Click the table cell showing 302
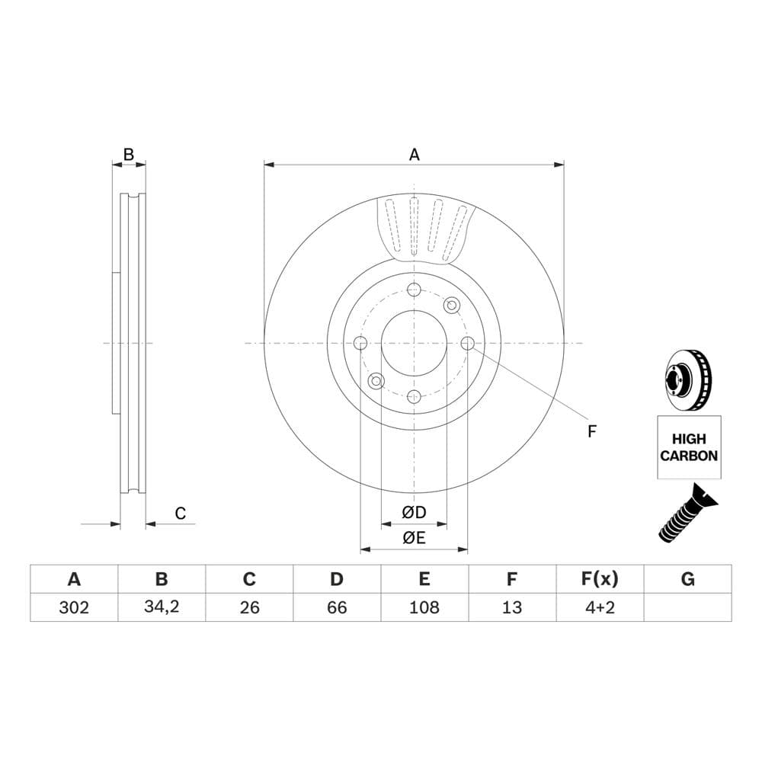[74, 607]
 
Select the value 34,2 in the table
[162, 607]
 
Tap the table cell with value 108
[424, 607]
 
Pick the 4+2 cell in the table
[600, 607]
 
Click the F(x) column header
[600, 579]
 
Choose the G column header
[687, 579]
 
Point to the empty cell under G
[687, 607]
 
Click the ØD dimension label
[414, 512]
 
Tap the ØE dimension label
[414, 537]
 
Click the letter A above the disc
[414, 155]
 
